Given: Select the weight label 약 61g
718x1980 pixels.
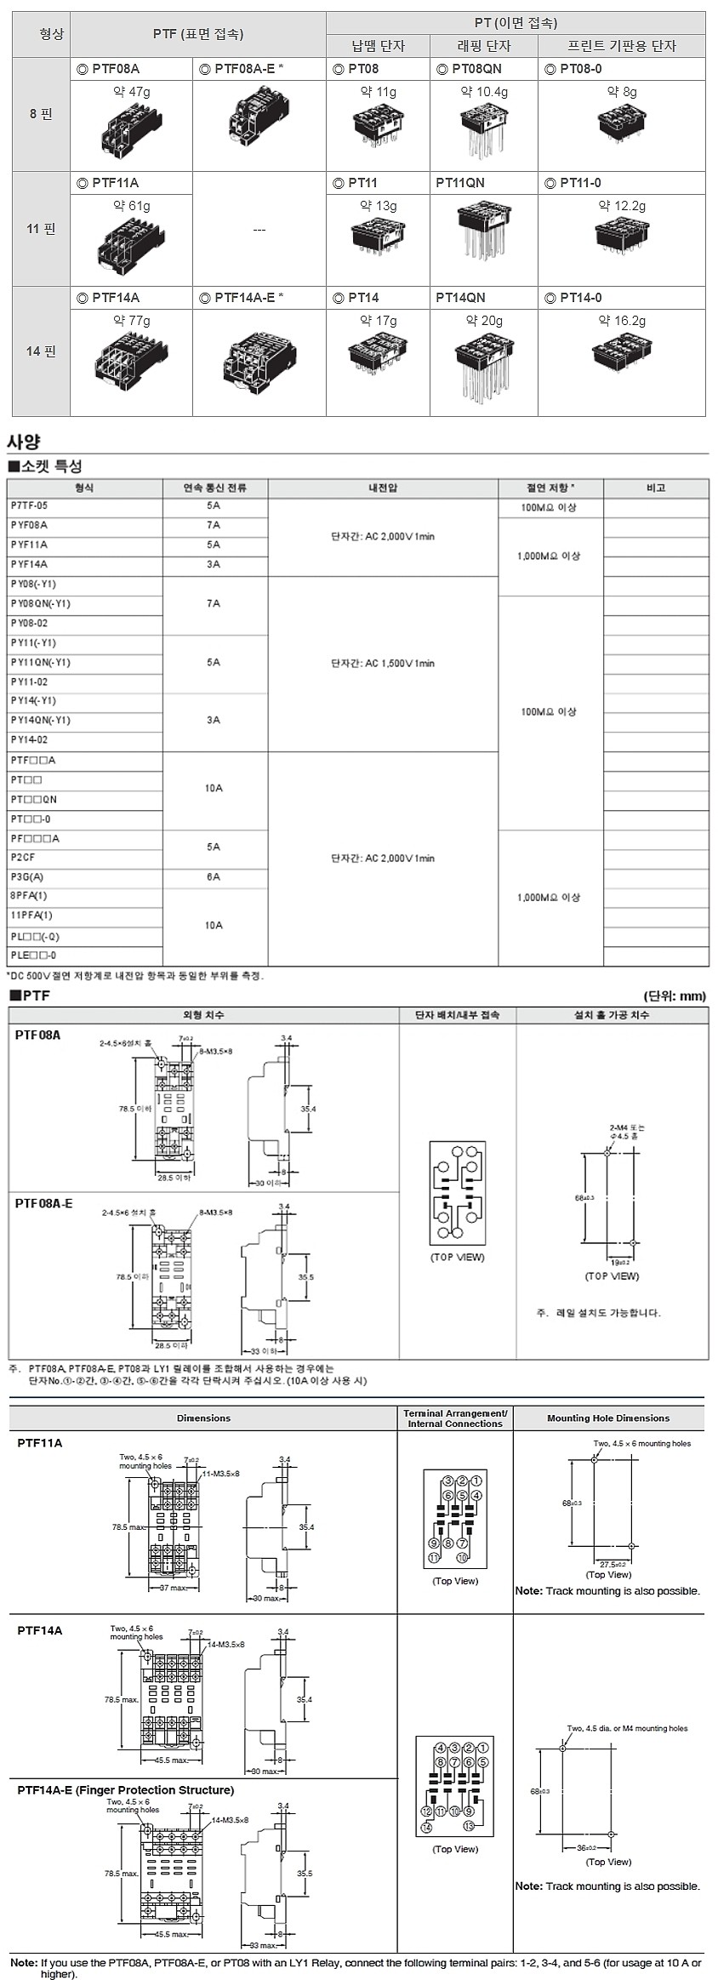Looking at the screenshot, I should click(x=131, y=206).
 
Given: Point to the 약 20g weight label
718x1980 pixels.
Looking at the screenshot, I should click(x=484, y=321).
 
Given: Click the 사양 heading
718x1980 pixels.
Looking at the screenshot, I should click(x=24, y=442).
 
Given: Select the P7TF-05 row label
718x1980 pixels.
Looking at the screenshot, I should click(x=30, y=505).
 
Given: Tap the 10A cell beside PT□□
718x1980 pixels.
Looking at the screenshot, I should click(x=214, y=788).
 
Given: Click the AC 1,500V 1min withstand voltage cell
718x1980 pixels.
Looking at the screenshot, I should click(x=383, y=663).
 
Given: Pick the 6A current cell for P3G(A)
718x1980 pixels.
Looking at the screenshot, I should click(x=214, y=876).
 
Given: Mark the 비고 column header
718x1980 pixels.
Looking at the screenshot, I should click(x=655, y=488).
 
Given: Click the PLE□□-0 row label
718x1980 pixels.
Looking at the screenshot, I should click(x=34, y=955).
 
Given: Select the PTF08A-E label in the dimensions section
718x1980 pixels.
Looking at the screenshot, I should click(x=43, y=1203).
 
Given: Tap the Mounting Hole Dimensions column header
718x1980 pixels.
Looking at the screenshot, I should click(x=607, y=1418).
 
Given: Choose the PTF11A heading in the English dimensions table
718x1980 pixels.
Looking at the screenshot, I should click(x=39, y=1443).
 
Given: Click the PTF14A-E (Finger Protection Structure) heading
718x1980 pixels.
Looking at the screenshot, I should click(x=125, y=1790).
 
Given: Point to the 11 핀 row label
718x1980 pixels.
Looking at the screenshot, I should click(x=41, y=229).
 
